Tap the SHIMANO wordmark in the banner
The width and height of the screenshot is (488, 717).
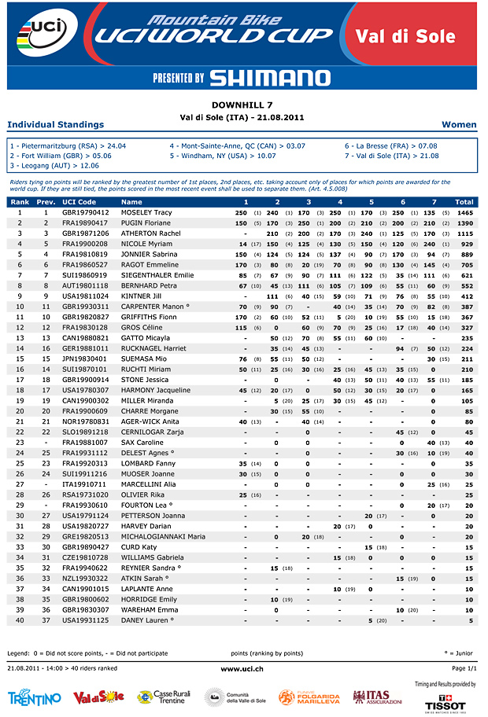point(270,77)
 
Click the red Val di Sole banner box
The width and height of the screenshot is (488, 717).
point(405,36)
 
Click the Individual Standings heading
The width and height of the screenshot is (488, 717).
point(55,124)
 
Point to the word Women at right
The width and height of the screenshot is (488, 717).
point(459,124)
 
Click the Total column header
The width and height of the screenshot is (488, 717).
point(464,202)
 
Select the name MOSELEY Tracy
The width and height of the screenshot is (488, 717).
point(146,213)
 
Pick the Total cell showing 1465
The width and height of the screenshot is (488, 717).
point(464,213)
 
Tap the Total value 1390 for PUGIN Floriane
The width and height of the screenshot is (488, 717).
point(464,223)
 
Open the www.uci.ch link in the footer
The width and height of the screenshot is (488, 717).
point(242,668)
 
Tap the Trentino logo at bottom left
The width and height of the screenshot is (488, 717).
point(34,697)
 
